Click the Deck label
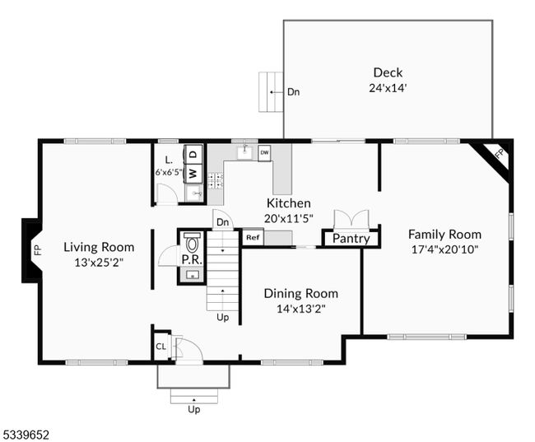point(388,72)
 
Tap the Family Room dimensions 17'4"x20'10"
point(444,249)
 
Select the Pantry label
point(351,239)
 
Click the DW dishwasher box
point(264,153)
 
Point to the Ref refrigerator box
point(253,238)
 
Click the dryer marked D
point(193,154)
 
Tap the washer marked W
point(193,174)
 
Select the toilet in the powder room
point(193,243)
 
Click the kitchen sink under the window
point(245,151)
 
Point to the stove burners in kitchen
point(216,181)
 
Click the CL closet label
point(160,347)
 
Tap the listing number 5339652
point(26,435)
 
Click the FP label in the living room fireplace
point(38,250)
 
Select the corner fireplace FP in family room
point(500,153)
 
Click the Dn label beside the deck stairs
point(294,92)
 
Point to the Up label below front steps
point(194,409)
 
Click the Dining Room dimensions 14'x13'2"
point(301,309)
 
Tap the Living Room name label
point(99,247)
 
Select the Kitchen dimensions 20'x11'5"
point(289,218)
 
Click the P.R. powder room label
point(192,260)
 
